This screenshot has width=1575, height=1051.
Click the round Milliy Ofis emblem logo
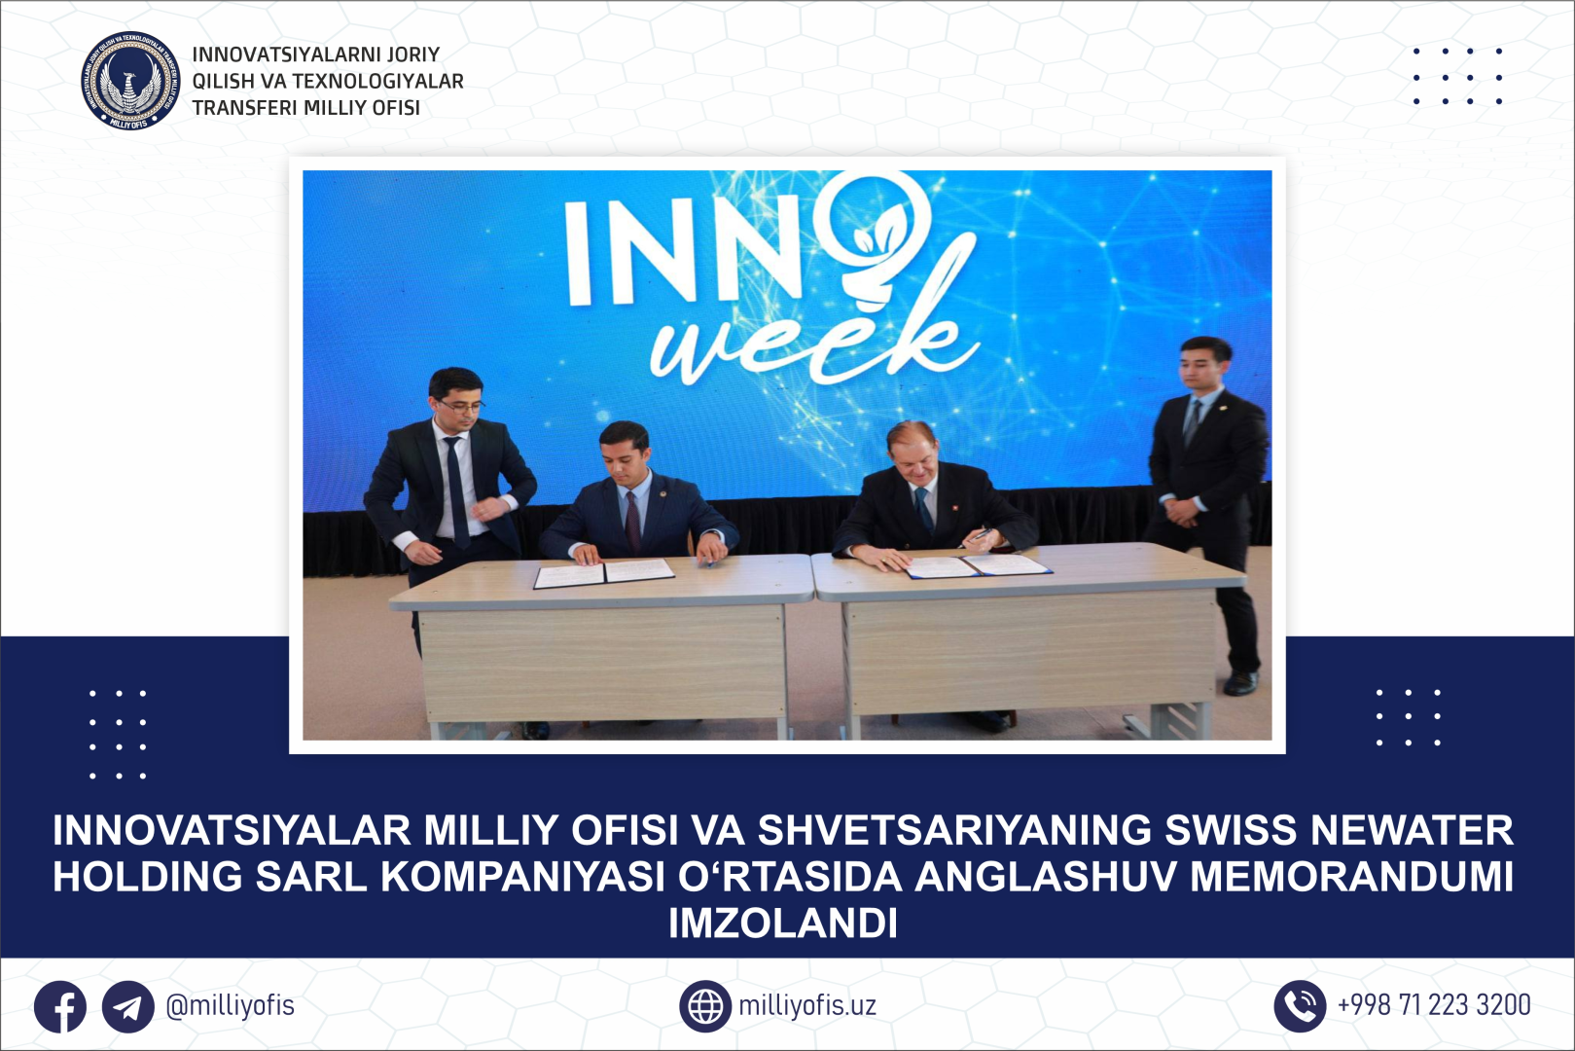(x=130, y=81)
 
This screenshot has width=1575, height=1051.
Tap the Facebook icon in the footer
(x=60, y=1006)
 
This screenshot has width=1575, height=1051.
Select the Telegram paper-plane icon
(x=128, y=1006)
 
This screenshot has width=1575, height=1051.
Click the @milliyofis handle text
(x=230, y=1006)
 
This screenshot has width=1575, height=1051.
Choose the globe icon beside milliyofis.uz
(x=705, y=1006)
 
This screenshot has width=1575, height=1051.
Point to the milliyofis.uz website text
(x=807, y=1005)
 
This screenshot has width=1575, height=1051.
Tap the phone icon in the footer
(x=1300, y=1006)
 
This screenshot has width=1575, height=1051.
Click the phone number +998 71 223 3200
(x=1434, y=1005)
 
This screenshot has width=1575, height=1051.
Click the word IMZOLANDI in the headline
(x=782, y=924)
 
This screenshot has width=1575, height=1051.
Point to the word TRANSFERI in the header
(x=242, y=108)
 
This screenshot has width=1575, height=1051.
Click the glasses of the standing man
(x=460, y=406)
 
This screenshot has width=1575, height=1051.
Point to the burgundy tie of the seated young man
(x=632, y=522)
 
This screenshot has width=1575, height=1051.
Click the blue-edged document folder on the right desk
(x=978, y=566)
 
